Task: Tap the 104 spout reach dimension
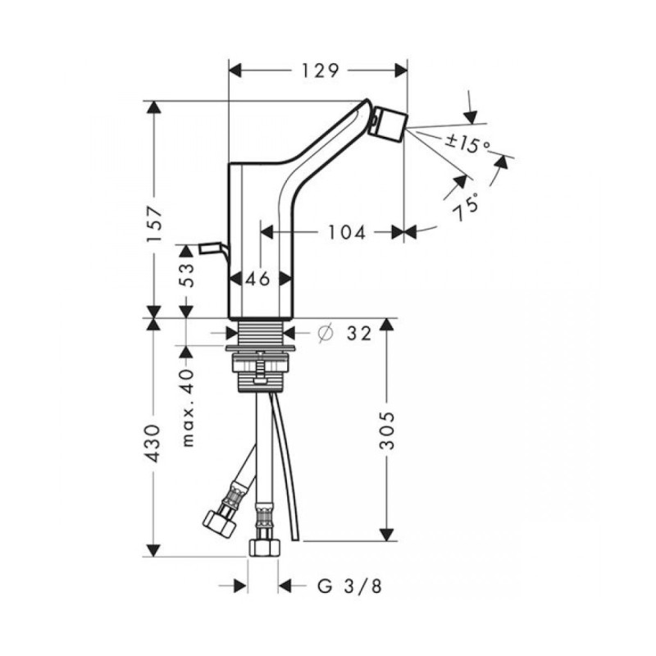pos(343,233)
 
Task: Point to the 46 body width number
pos(258,279)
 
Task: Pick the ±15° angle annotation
pos(467,144)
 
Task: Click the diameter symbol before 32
pos(324,333)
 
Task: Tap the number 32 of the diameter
pos(358,333)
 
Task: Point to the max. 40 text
pos(188,408)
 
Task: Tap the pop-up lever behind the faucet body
pos(210,248)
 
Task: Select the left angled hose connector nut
pos(217,518)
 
